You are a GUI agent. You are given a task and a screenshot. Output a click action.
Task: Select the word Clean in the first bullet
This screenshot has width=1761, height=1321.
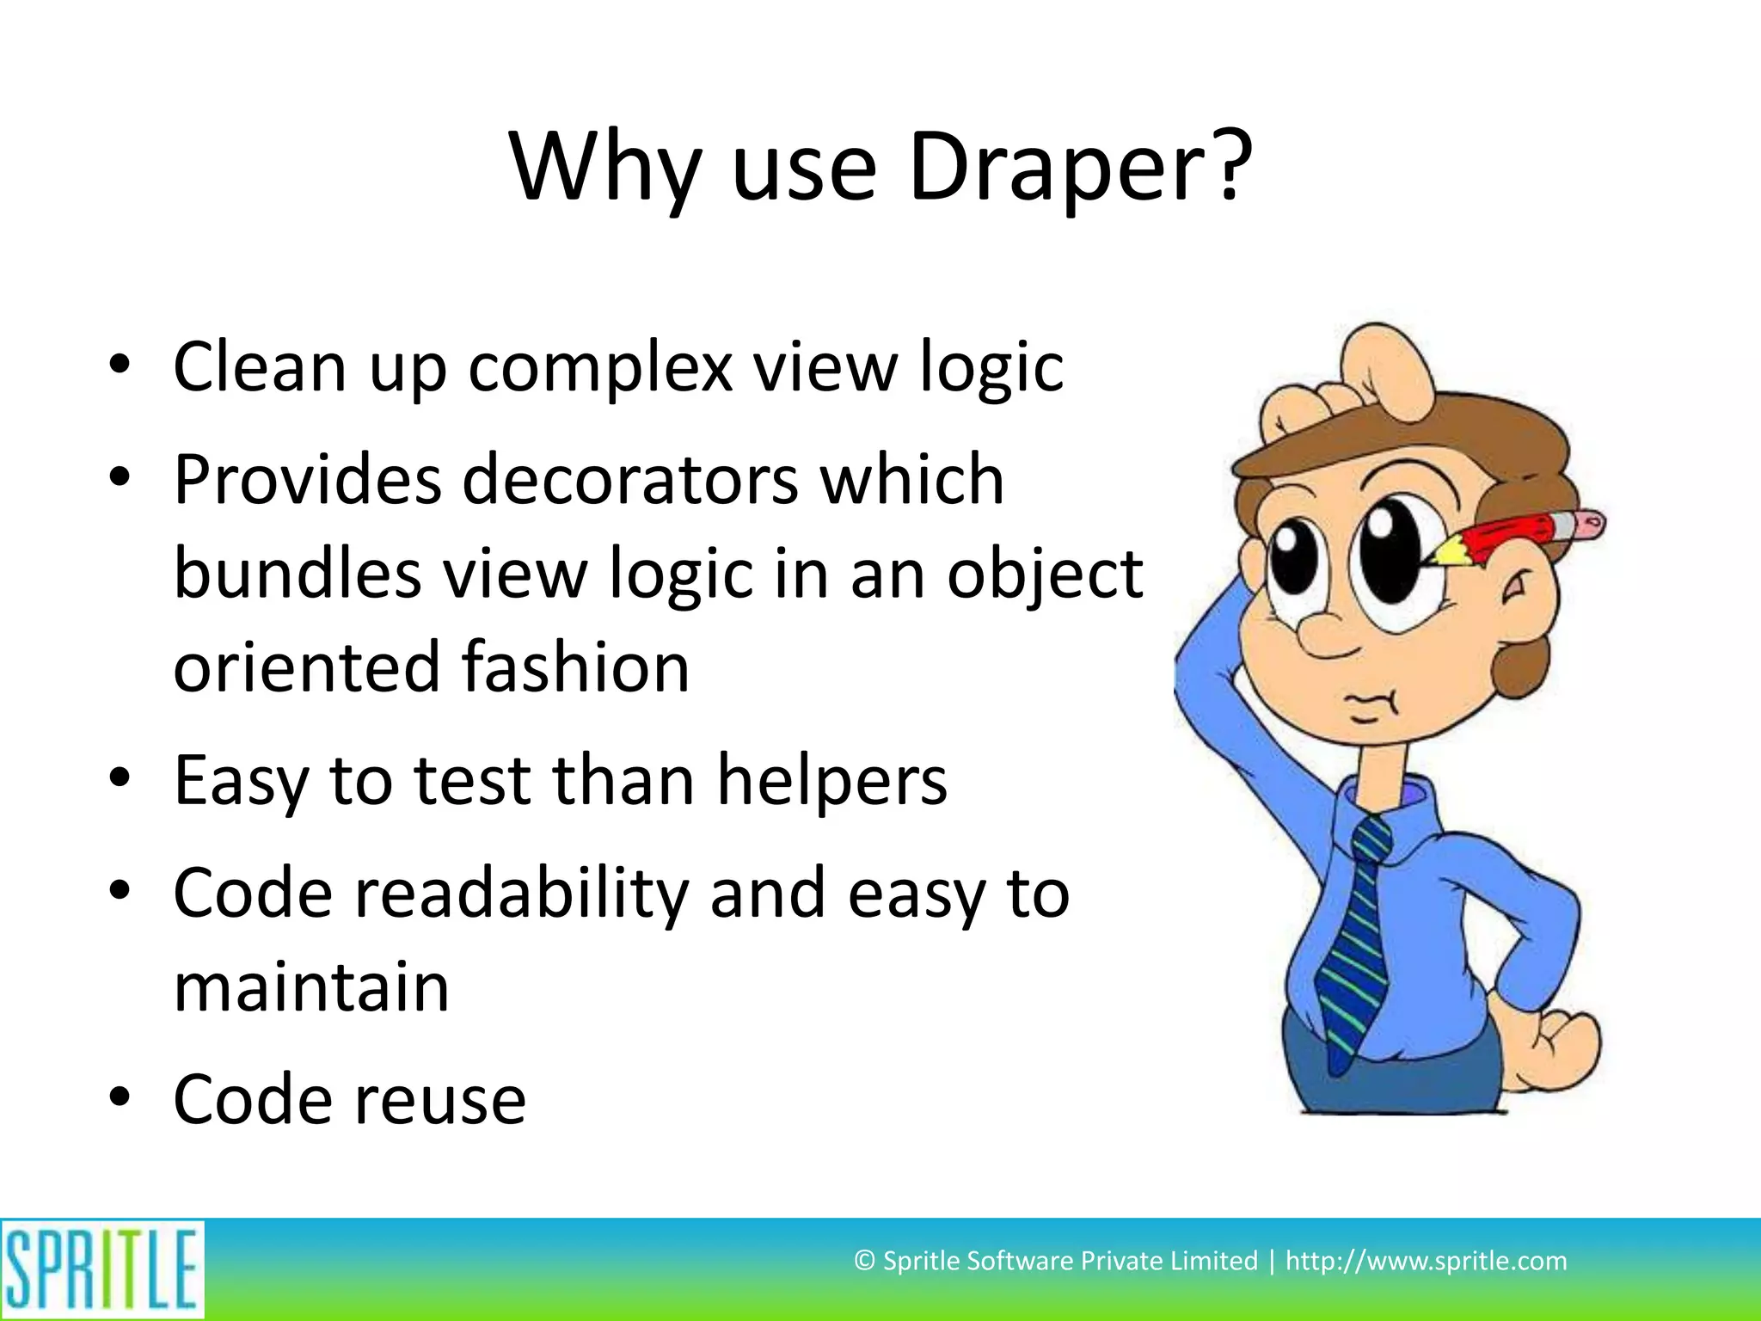[x=260, y=367]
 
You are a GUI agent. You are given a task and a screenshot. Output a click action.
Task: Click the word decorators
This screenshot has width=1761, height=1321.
[x=629, y=480]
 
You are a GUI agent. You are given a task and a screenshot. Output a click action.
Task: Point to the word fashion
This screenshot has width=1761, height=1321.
[x=575, y=667]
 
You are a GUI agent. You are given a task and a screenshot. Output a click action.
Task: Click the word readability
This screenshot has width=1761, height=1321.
[x=522, y=894]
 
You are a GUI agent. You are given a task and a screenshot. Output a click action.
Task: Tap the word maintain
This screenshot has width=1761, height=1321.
[x=311, y=987]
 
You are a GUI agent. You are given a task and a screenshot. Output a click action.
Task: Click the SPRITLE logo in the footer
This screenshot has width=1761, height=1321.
[x=101, y=1269]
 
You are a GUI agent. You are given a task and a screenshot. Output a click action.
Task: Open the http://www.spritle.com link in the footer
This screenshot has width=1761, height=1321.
[x=1426, y=1261]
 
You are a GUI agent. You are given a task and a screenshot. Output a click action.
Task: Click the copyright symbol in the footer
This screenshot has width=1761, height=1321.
[x=864, y=1261]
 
